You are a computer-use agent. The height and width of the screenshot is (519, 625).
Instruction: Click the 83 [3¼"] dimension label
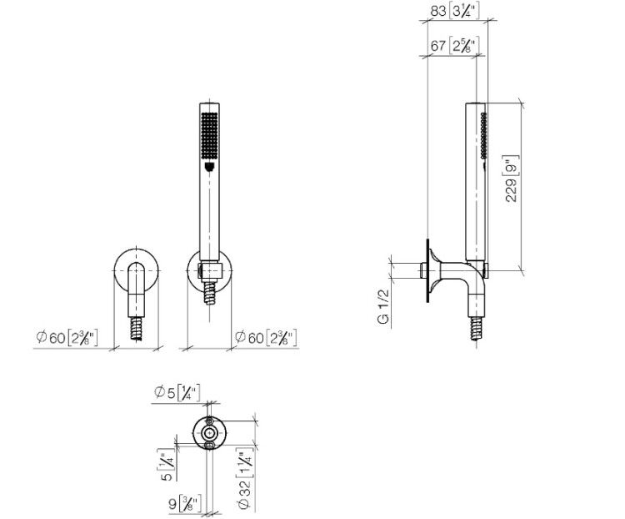coord(454,11)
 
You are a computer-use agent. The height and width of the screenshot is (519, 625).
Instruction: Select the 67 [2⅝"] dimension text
coord(454,46)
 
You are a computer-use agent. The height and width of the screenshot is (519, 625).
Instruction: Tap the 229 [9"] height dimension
coord(512,179)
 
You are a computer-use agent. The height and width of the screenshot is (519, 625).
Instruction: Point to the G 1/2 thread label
coord(383,306)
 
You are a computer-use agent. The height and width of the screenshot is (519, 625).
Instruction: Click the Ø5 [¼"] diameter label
coord(177,393)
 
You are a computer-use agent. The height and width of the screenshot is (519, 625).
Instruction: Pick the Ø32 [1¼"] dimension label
coord(246,478)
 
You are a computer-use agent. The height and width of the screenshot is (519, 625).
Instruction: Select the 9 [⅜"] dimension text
coord(185,503)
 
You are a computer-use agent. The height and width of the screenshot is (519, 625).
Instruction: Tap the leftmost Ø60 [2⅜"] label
coord(67,338)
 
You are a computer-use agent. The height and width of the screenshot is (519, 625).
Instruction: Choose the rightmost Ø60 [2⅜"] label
coord(266,338)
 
